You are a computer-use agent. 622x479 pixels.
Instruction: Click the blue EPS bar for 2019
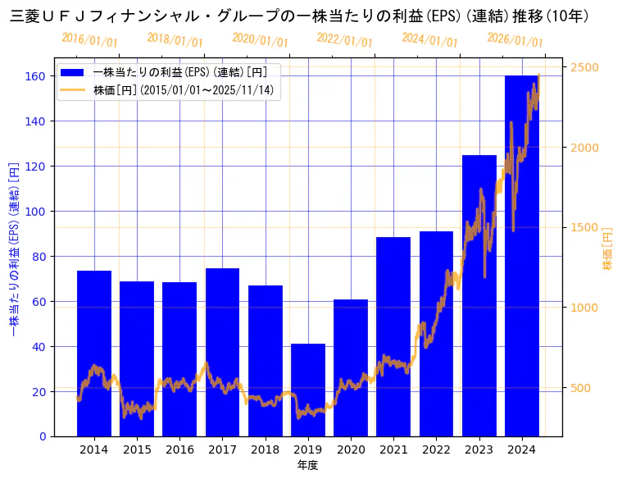pyautogui.click(x=308, y=390)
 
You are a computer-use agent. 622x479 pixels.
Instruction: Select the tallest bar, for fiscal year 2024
pyautogui.click(x=521, y=255)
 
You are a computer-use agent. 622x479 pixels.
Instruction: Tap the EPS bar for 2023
pyautogui.click(x=479, y=295)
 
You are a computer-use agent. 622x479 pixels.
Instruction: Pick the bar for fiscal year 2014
pyautogui.click(x=94, y=353)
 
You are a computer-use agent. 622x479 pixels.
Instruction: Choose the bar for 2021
pyautogui.click(x=393, y=336)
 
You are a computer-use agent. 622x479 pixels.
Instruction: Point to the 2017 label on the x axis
pyautogui.click(x=222, y=449)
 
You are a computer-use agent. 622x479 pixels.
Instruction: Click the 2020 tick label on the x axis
pyautogui.click(x=351, y=449)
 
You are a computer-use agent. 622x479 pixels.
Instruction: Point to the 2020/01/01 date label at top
pyautogui.click(x=260, y=40)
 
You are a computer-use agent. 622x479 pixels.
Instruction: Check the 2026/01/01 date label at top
pyautogui.click(x=515, y=40)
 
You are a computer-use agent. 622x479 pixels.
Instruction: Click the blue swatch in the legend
pyautogui.click(x=73, y=72)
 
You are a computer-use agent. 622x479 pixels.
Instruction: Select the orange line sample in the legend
pyautogui.click(x=73, y=89)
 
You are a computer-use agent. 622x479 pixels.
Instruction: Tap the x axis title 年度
pyautogui.click(x=308, y=465)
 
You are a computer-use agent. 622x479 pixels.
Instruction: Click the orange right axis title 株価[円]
pyautogui.click(x=608, y=249)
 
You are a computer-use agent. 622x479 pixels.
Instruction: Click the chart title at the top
pyautogui.click(x=299, y=16)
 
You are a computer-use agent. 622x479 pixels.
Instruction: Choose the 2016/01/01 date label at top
pyautogui.click(x=89, y=40)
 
